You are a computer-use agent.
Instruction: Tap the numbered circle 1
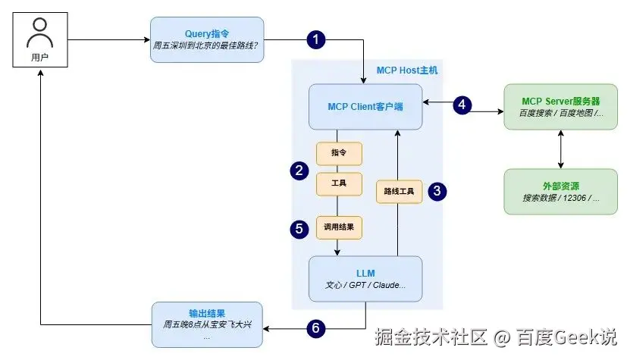coord(317,39)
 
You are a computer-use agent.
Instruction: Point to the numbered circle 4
coord(463,104)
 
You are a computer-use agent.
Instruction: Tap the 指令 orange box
coord(338,152)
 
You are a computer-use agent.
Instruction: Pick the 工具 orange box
coord(338,184)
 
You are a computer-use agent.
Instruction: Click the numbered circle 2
coord(299,170)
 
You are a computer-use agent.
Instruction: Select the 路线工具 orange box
coord(399,191)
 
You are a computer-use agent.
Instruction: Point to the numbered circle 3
coord(437,190)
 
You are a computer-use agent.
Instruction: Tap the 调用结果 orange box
coord(338,226)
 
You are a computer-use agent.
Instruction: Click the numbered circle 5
coord(299,226)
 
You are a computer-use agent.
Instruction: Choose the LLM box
coord(365,278)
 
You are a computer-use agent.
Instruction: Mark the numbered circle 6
coord(317,328)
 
